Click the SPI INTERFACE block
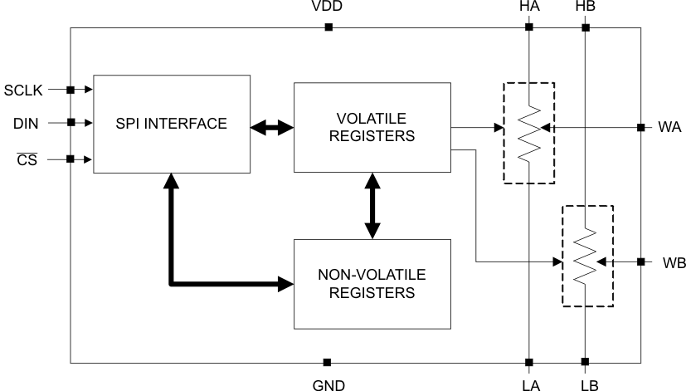point(171,124)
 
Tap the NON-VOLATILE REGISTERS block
point(371,282)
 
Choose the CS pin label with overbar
point(27,159)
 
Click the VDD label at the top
point(328,7)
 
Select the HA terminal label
point(528,7)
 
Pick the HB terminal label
point(585,7)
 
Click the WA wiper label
point(670,128)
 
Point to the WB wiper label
point(674,262)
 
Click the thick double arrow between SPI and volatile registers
point(272,128)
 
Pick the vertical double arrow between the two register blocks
point(372,206)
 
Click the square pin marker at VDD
point(328,27)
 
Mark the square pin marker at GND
point(327,362)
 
